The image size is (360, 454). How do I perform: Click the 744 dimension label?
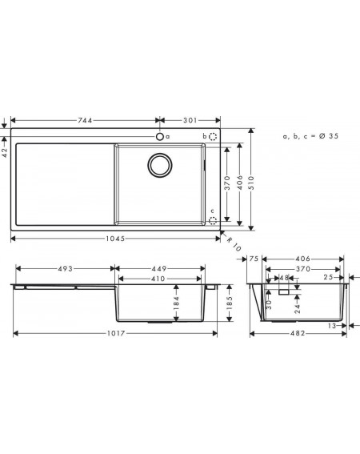click(85, 120)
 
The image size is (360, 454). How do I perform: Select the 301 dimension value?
click(190, 120)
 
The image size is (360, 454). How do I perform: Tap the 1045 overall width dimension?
click(115, 239)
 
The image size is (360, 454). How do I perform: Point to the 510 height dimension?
click(251, 183)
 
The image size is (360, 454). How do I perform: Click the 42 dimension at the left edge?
click(5, 152)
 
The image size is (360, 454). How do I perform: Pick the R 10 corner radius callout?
click(234, 244)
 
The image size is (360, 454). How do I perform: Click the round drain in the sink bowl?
click(160, 165)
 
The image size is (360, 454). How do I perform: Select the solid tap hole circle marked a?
click(160, 136)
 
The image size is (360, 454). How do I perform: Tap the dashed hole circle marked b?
click(213, 136)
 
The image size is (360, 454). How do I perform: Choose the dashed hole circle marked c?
click(213, 221)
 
